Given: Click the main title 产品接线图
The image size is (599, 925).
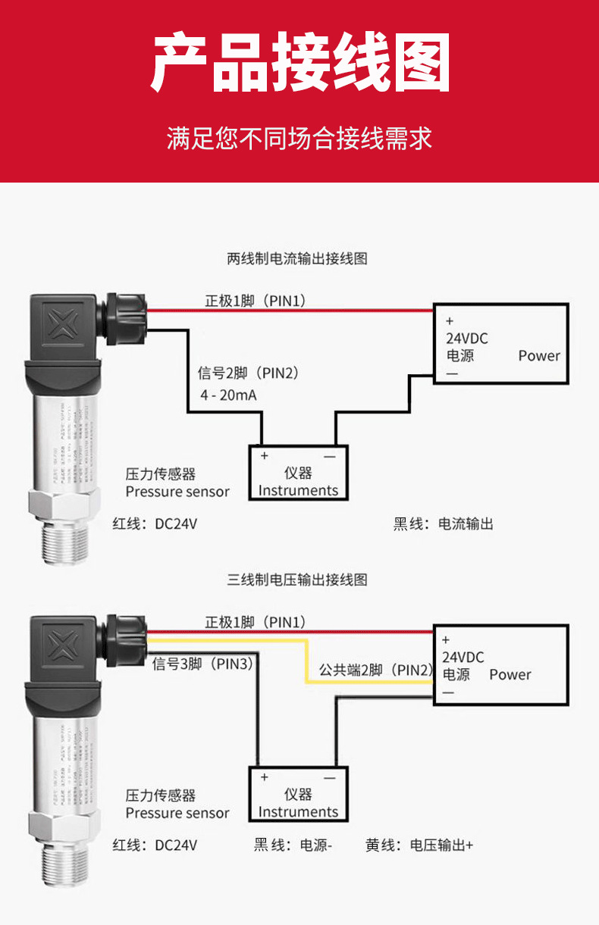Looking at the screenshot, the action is (x=300, y=63).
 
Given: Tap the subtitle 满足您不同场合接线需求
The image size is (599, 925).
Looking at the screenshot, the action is (x=299, y=139).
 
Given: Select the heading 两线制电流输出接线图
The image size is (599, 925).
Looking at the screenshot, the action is (x=297, y=259).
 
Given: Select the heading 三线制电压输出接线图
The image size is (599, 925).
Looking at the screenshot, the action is (x=297, y=580).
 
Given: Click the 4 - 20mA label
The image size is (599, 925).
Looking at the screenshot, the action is (x=228, y=395).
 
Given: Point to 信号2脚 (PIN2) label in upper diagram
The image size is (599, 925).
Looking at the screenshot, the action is (x=248, y=373).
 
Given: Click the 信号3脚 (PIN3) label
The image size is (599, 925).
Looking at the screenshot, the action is (x=202, y=664).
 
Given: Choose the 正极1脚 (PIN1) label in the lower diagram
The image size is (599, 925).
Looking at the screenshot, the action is (x=256, y=622).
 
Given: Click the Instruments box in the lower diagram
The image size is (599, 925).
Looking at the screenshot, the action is (x=298, y=794).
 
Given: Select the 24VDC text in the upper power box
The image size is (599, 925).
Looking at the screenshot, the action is (x=466, y=339).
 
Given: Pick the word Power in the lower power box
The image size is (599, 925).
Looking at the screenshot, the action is (x=510, y=674).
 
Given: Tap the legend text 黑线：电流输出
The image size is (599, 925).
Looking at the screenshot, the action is (x=444, y=524).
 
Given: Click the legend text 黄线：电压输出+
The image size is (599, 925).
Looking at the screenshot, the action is (x=419, y=845).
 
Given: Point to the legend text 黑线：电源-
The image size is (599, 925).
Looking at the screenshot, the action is (x=293, y=845).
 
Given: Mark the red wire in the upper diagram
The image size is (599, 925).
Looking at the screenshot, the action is (x=288, y=311).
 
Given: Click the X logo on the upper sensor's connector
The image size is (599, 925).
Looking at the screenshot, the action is (x=64, y=326).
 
